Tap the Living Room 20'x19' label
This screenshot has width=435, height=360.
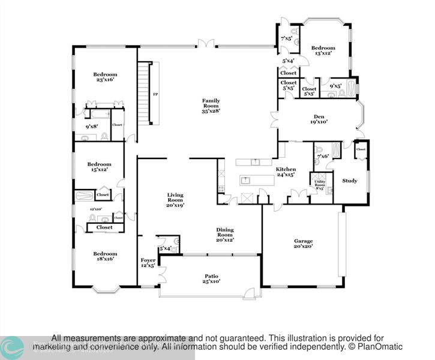(175, 200)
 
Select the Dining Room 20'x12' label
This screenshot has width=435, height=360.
(225, 234)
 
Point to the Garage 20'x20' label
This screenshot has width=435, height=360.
(303, 244)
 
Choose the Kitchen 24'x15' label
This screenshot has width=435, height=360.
(286, 173)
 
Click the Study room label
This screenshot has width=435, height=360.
(350, 181)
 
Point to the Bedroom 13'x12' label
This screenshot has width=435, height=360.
(324, 50)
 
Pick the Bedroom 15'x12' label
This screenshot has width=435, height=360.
(99, 167)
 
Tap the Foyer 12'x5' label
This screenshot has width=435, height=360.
(148, 263)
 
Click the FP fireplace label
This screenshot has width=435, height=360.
(155, 95)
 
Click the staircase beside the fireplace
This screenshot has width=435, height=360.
(143, 93)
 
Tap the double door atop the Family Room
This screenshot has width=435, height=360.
(206, 43)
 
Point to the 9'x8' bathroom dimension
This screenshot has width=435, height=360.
(91, 127)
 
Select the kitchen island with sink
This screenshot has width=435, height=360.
(253, 180)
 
